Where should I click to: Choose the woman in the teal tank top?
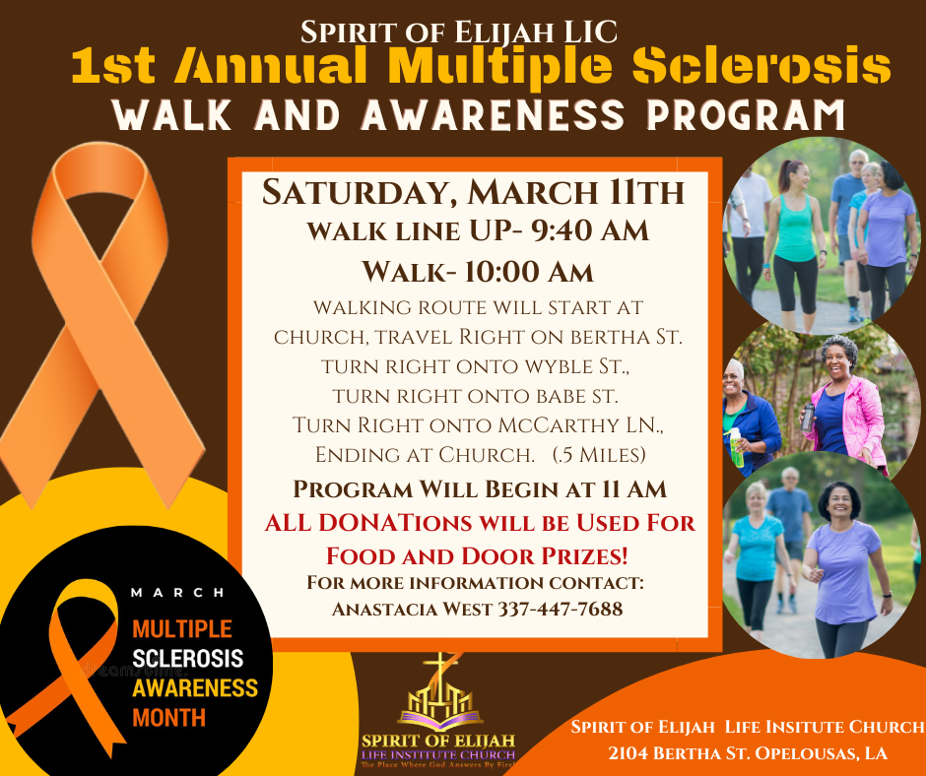[794, 236]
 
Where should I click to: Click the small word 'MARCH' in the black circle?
[177, 593]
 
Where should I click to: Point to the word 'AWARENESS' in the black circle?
[195, 687]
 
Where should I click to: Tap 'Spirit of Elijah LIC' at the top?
[459, 32]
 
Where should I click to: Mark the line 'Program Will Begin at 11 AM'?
[482, 488]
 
